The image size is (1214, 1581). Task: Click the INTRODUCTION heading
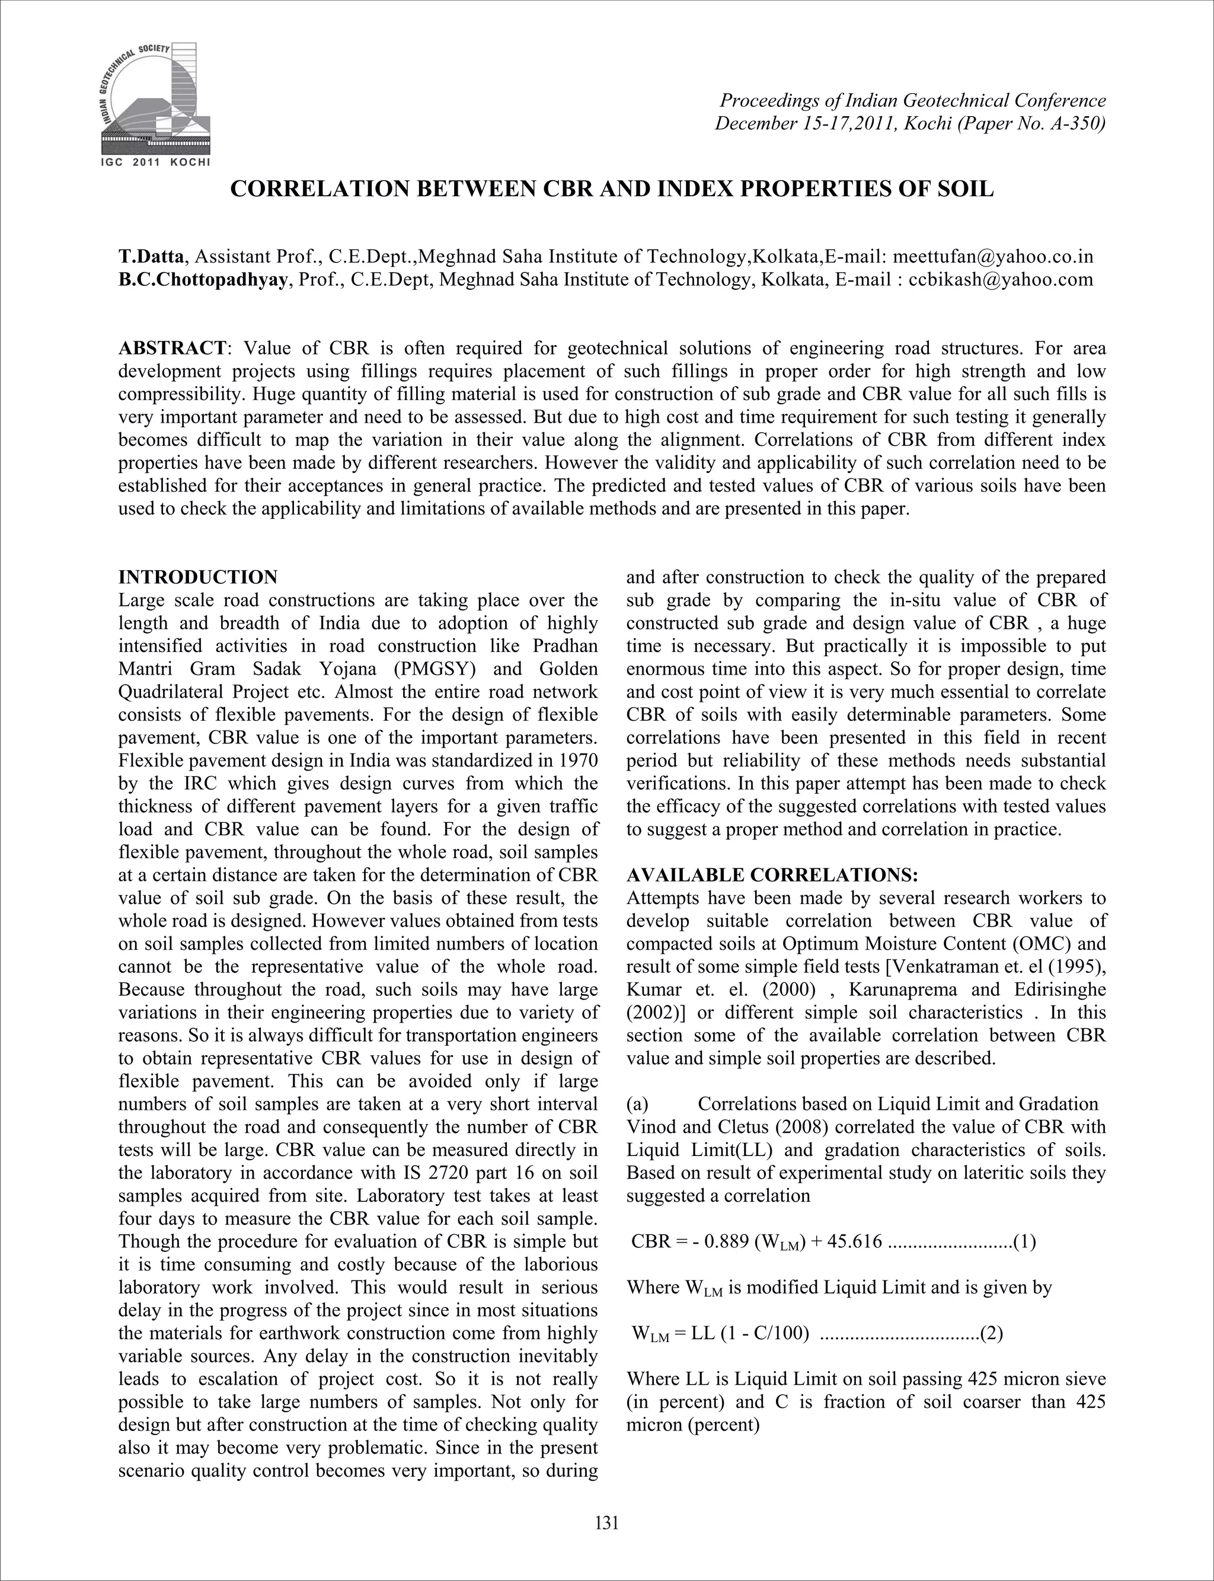click(x=198, y=577)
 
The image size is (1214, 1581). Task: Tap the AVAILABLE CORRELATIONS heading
click(x=772, y=875)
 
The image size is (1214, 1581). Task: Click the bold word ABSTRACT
click(x=172, y=349)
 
